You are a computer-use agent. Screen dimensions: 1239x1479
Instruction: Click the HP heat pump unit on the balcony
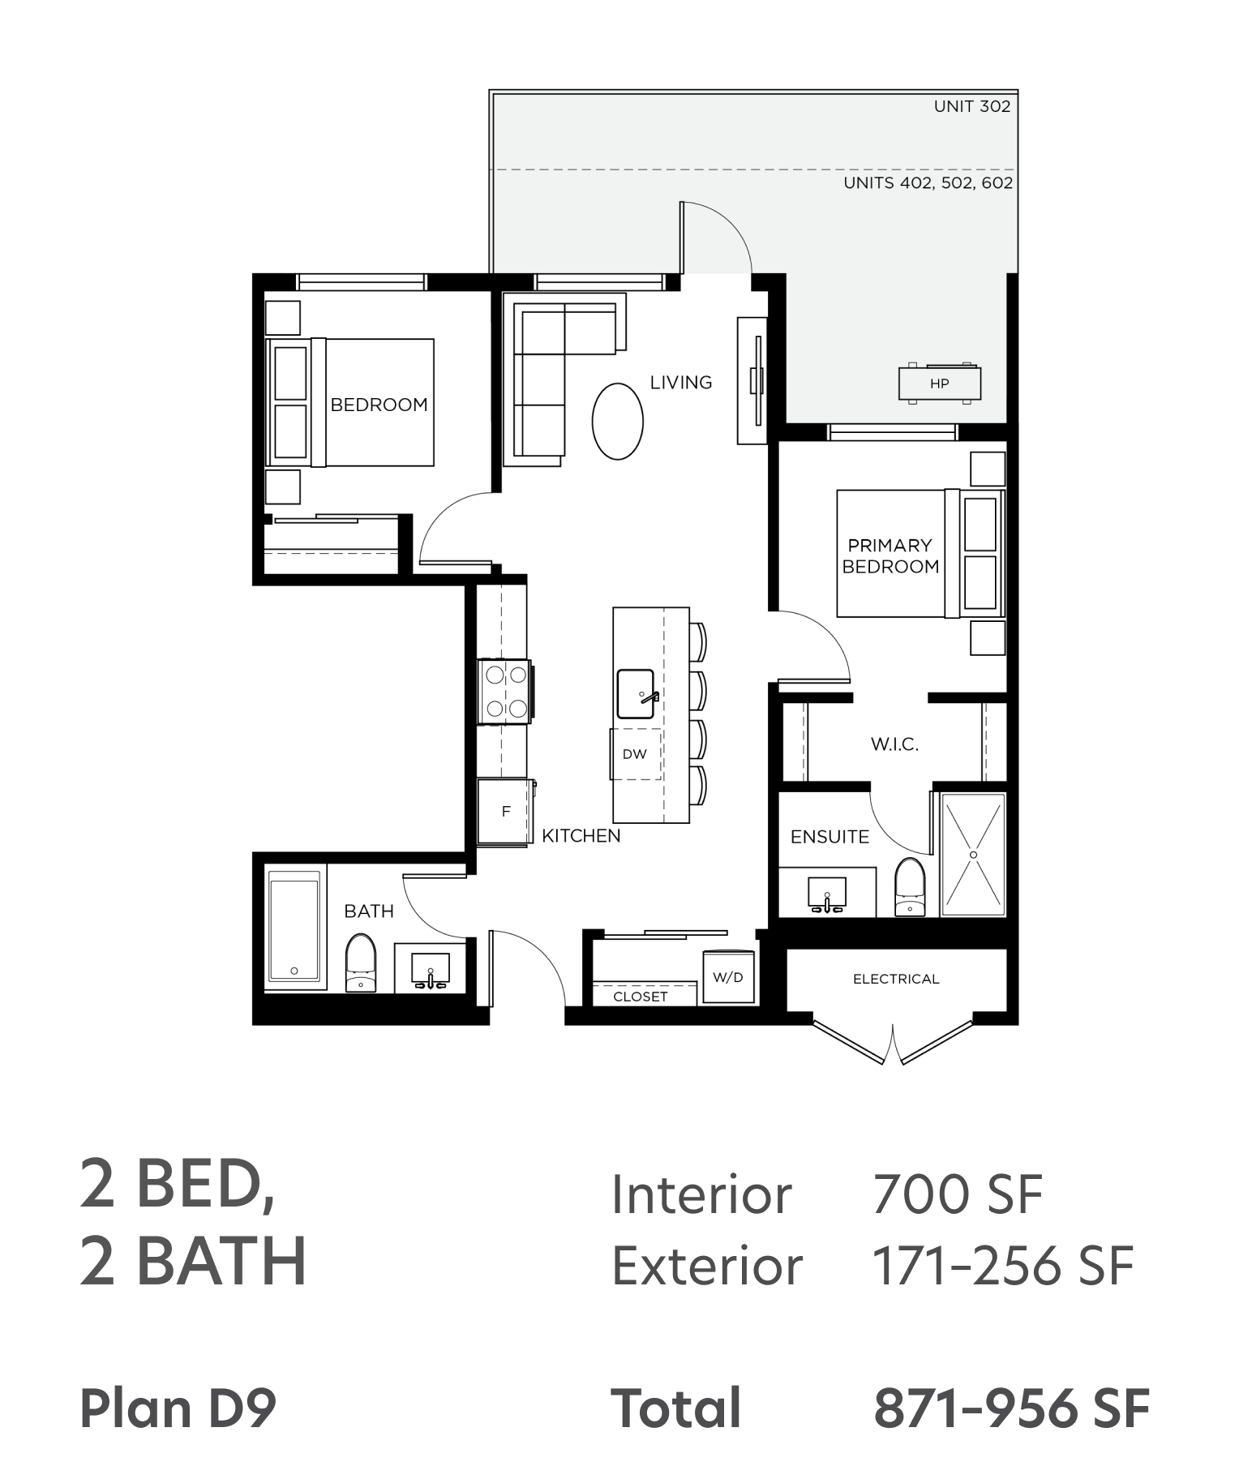coord(939,383)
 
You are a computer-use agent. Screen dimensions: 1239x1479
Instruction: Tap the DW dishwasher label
coord(634,754)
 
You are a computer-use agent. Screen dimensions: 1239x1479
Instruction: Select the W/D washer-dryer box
coord(728,976)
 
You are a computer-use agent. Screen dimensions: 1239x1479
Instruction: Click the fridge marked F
coord(504,812)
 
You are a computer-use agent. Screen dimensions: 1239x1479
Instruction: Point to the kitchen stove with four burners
coord(504,692)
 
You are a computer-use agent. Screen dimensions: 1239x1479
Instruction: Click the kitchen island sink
coord(636,694)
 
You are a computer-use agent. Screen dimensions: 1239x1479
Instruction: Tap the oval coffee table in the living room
coord(617,421)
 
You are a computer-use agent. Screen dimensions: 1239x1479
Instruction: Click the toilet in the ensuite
coord(910,887)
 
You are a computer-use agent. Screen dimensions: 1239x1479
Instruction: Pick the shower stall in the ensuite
coord(973,855)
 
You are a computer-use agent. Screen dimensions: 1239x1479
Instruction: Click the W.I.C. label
coord(894,744)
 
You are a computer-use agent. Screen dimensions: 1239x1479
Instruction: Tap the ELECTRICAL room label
coord(896,979)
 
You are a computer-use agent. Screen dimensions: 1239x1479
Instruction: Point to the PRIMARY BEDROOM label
coord(890,555)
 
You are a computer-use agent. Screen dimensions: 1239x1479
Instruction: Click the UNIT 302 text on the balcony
coord(972,106)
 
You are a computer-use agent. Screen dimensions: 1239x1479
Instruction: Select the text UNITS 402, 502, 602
coord(928,183)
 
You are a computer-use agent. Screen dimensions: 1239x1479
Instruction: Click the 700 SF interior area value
coord(958,1194)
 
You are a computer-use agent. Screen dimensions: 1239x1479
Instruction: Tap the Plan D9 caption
coord(178,1408)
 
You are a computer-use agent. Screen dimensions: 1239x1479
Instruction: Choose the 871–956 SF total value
coord(1011,1408)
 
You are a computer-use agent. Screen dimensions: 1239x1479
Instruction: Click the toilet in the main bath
coord(361,962)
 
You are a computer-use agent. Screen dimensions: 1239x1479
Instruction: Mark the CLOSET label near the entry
coord(641,997)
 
